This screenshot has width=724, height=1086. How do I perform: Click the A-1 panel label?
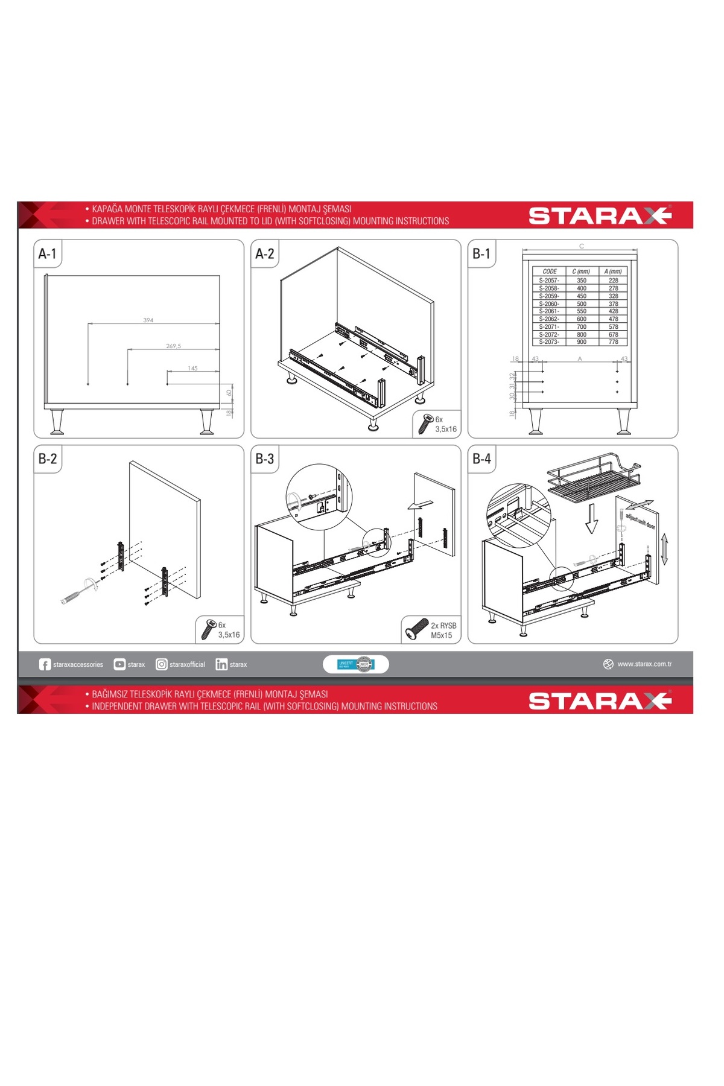47,254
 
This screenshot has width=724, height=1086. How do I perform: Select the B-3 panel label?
264,459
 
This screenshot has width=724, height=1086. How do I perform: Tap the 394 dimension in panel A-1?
148,320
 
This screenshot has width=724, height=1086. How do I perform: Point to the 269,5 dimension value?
173,346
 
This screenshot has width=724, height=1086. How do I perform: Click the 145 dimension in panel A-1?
192,369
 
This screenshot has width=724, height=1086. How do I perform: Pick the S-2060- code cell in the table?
549,304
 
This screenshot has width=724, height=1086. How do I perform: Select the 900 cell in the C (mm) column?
582,342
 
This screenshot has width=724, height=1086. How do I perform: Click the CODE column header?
550,271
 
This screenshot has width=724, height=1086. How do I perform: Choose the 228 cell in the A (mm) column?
614,281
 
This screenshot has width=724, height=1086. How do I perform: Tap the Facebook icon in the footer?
45,664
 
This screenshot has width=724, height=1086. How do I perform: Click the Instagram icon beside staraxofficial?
162,664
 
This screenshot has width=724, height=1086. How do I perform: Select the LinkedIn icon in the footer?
221,664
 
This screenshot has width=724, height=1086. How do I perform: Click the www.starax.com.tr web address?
644,664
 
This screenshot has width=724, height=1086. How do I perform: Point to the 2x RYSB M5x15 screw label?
443,630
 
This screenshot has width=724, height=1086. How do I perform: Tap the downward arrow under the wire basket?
591,518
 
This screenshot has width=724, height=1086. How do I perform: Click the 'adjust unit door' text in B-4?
640,521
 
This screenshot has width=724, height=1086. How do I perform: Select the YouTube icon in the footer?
119,664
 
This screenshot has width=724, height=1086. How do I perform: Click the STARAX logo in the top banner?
600,215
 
